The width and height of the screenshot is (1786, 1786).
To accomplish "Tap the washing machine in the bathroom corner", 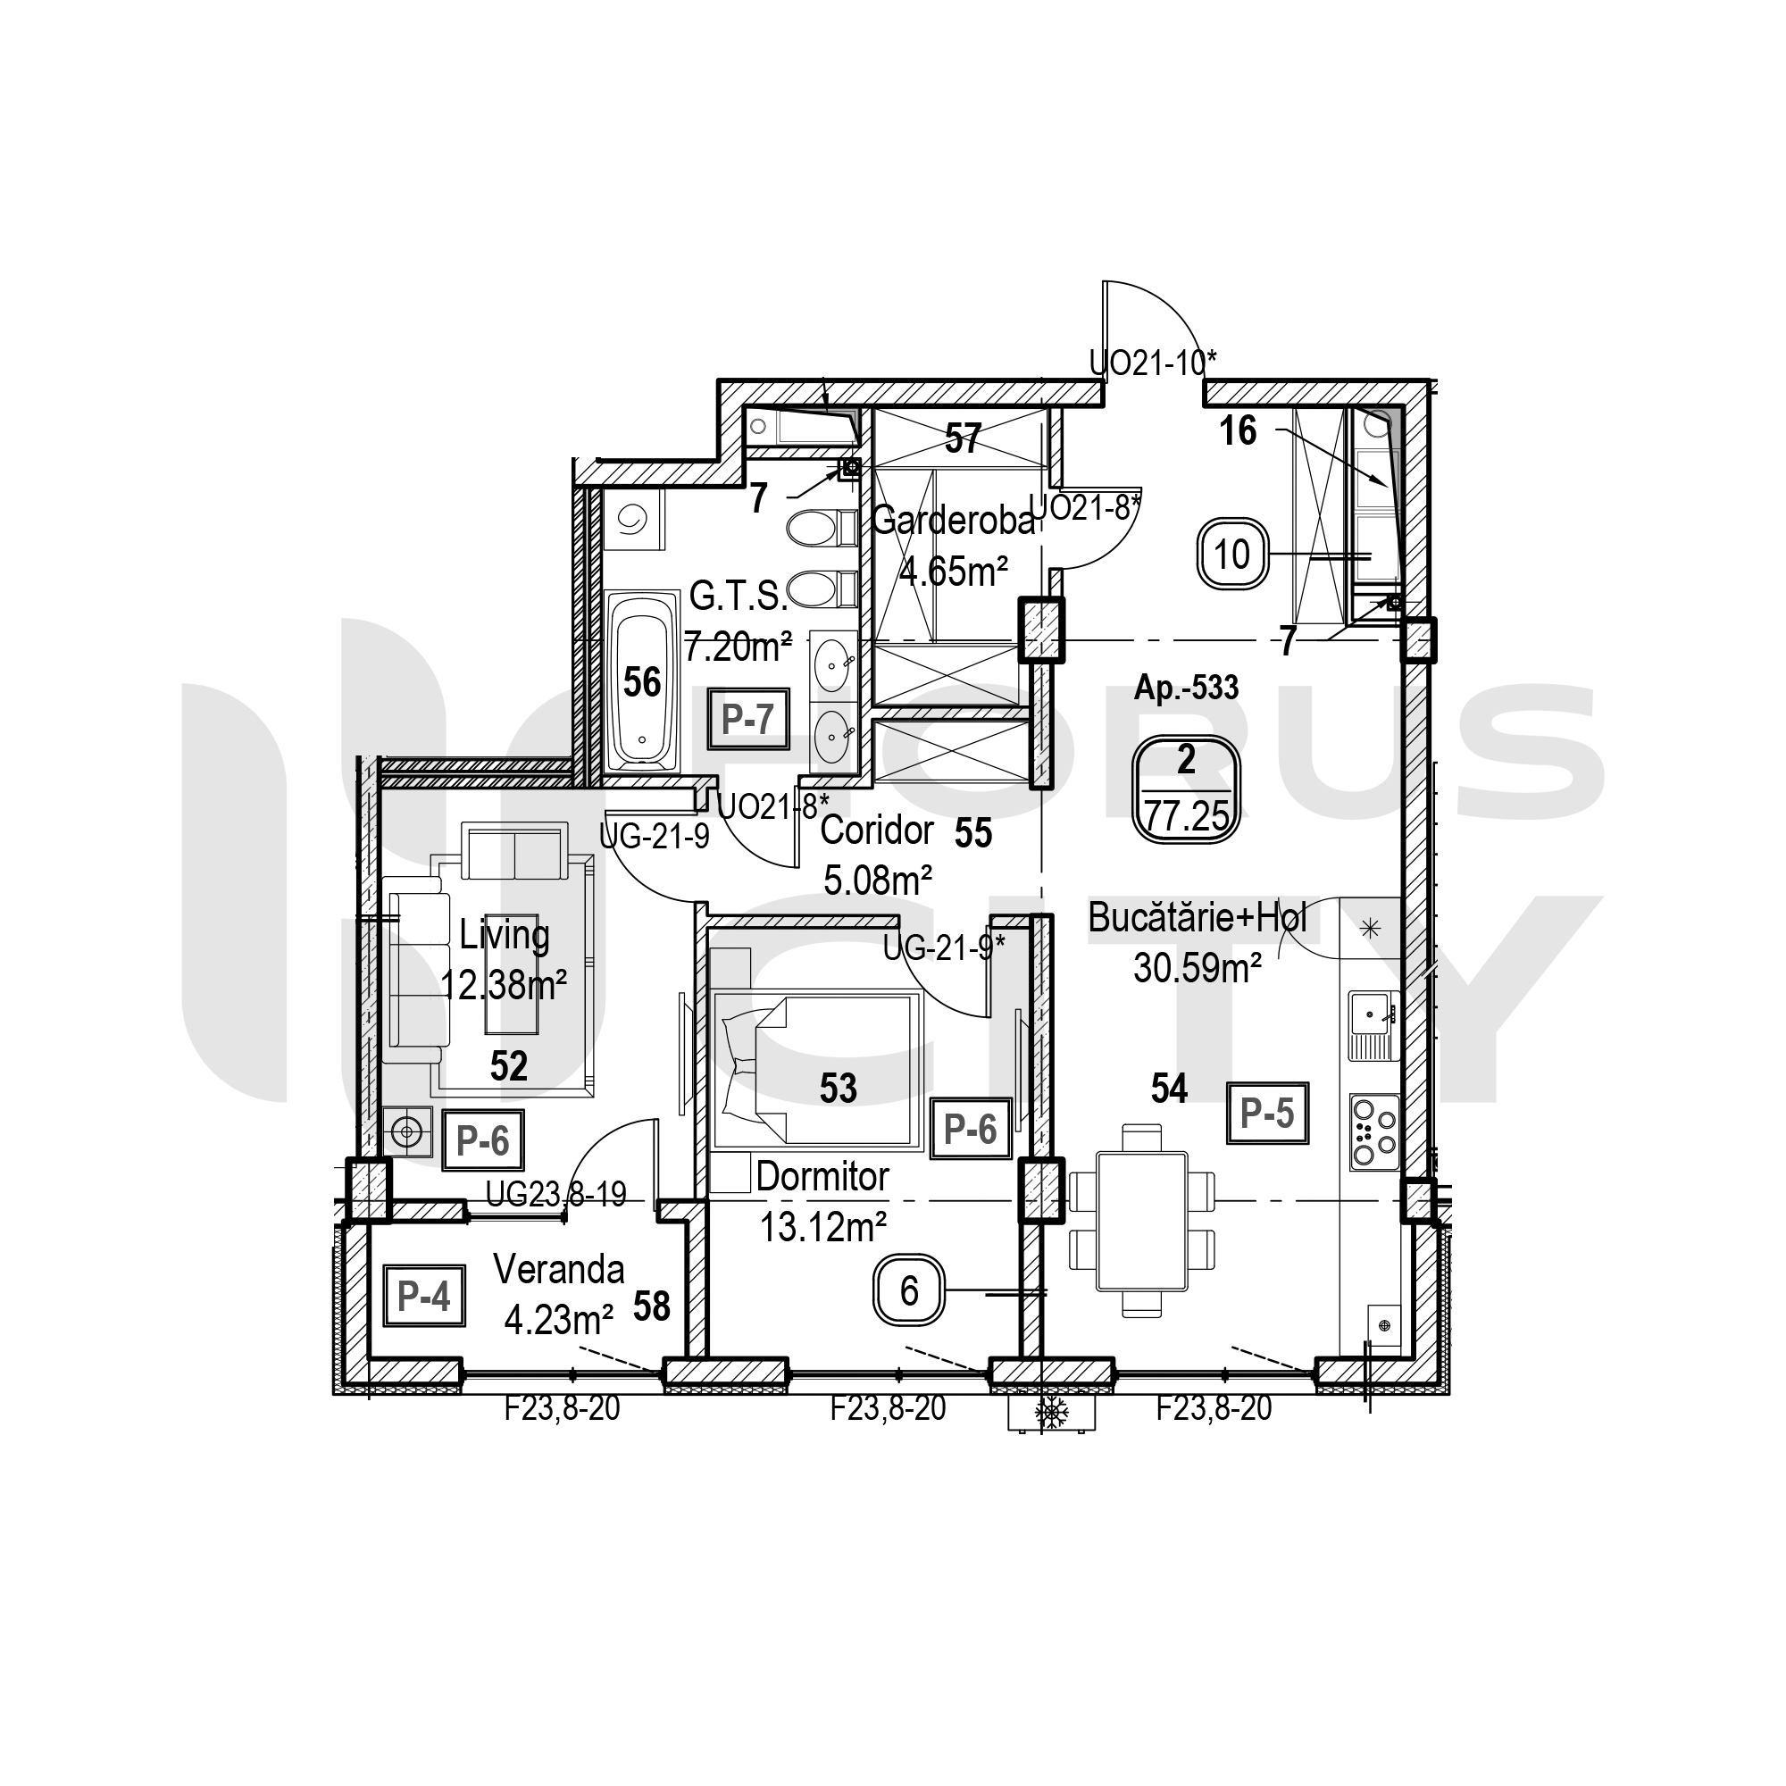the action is tap(633, 521).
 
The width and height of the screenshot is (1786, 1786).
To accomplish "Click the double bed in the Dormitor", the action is tap(817, 1072).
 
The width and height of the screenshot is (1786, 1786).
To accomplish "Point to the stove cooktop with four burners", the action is tap(1373, 1132).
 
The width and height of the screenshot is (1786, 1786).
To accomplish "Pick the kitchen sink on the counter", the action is tap(1373, 1026).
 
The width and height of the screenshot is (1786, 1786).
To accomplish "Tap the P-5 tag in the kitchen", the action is tap(1267, 1113).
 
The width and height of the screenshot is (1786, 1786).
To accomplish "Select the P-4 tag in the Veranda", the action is tap(424, 1295).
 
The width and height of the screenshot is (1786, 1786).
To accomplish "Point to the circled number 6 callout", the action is tap(909, 1290).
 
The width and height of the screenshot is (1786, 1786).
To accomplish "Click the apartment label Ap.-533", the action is tap(1186, 688).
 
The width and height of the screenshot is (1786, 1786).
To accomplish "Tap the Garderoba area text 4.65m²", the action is tap(953, 572).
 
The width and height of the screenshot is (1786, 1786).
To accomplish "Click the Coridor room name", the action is tap(876, 830).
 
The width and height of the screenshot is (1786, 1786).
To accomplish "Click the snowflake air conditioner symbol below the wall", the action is tap(1051, 1412).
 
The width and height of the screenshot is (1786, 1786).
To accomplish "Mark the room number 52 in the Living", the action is tap(508, 1066).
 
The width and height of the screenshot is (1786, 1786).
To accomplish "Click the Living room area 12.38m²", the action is tap(503, 986).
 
